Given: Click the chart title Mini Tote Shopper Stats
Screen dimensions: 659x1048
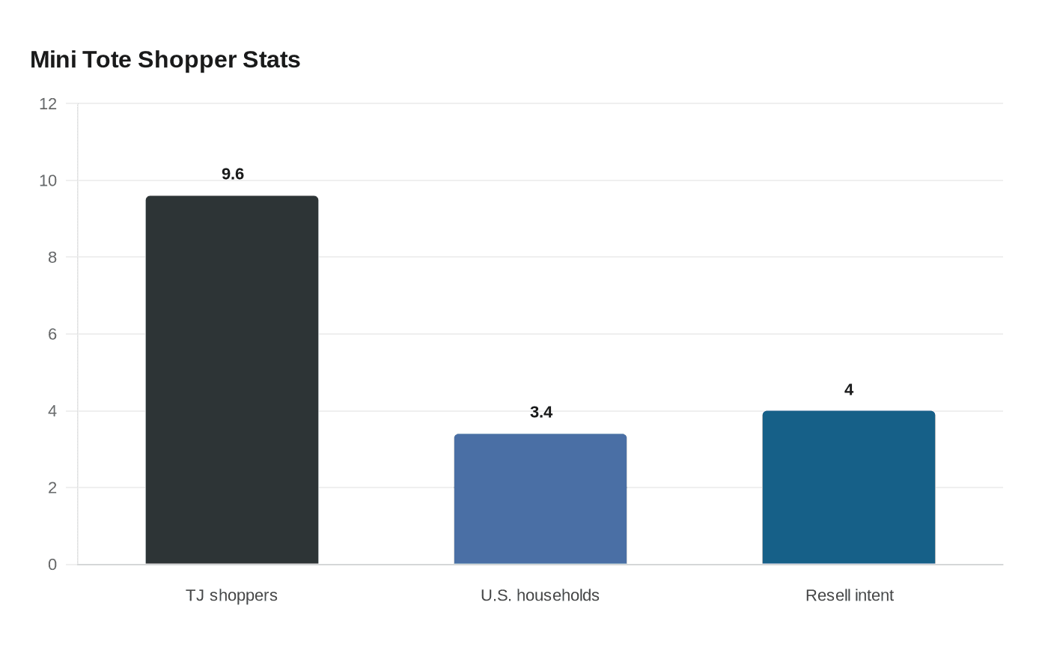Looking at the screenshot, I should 165,59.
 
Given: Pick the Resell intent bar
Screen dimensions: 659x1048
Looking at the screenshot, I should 849,488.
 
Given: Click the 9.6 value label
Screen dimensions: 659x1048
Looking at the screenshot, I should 233,174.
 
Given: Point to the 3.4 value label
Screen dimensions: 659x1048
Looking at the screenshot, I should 541,413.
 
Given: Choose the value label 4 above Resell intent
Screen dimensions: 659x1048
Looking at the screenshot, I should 849,390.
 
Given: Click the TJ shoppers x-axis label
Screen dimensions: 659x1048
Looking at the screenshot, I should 231,595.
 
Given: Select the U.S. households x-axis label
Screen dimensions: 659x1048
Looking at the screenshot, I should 540,595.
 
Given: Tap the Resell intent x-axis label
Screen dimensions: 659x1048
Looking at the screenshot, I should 850,595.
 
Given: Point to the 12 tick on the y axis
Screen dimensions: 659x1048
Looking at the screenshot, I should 48,104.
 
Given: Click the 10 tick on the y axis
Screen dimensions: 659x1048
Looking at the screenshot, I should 48,180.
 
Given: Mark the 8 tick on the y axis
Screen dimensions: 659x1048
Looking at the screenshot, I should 52,258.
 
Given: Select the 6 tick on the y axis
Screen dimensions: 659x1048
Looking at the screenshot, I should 52,334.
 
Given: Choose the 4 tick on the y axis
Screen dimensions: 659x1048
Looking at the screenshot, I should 52,411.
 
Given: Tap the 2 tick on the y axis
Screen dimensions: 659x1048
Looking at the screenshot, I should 52,488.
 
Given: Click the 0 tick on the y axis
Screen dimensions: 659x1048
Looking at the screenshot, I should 52,565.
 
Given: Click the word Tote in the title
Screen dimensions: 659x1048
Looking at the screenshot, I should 107,59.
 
